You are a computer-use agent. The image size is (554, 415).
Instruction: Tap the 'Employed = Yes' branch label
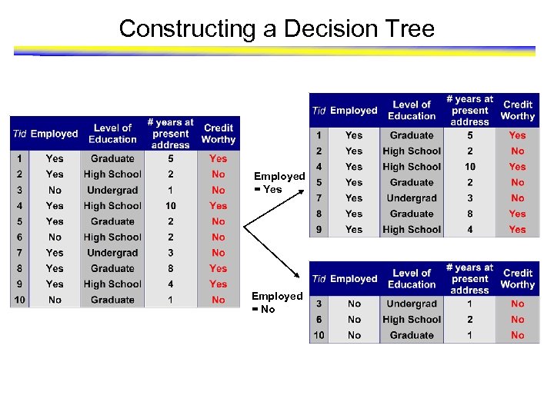click(x=279, y=183)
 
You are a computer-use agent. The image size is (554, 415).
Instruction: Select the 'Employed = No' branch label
click(x=276, y=302)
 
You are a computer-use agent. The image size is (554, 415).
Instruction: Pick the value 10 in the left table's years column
click(x=170, y=206)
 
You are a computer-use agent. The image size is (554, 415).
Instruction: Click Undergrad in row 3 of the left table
click(x=112, y=190)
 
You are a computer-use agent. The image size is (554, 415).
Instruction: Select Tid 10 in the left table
click(x=19, y=300)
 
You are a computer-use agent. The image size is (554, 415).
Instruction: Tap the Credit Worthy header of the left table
click(x=218, y=134)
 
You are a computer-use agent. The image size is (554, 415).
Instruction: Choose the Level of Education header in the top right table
click(x=412, y=110)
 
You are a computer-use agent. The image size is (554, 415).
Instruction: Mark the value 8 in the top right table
click(x=469, y=214)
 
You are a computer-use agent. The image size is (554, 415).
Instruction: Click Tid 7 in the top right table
click(x=319, y=198)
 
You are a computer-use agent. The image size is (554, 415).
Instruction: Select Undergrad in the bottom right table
click(x=412, y=304)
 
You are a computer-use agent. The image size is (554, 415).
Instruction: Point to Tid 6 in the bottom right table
click(x=319, y=320)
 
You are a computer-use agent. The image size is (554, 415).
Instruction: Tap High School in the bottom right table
click(x=412, y=320)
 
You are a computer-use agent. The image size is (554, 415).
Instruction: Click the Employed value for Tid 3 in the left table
click(x=55, y=190)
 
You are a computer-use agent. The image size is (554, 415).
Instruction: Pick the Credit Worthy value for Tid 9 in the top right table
click(x=517, y=229)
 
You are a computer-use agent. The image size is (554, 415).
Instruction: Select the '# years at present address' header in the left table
click(x=170, y=134)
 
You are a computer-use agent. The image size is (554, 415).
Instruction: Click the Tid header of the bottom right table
click(x=319, y=279)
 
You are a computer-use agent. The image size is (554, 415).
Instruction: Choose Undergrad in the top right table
click(x=412, y=198)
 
